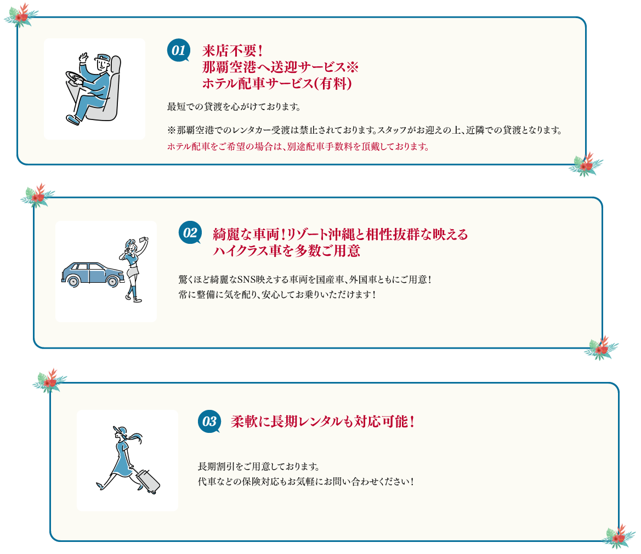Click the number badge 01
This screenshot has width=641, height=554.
click(x=178, y=50)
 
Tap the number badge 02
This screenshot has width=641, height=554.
click(x=190, y=232)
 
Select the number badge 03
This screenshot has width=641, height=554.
click(x=209, y=421)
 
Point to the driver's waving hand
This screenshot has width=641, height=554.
click(x=83, y=58)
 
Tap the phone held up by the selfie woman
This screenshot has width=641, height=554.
click(x=145, y=241)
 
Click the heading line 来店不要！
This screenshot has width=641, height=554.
click(x=234, y=51)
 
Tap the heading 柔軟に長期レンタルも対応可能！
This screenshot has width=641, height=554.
click(x=322, y=422)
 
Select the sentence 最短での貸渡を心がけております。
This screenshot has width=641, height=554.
click(x=234, y=106)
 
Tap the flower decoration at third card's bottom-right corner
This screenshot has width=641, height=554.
click(x=618, y=536)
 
